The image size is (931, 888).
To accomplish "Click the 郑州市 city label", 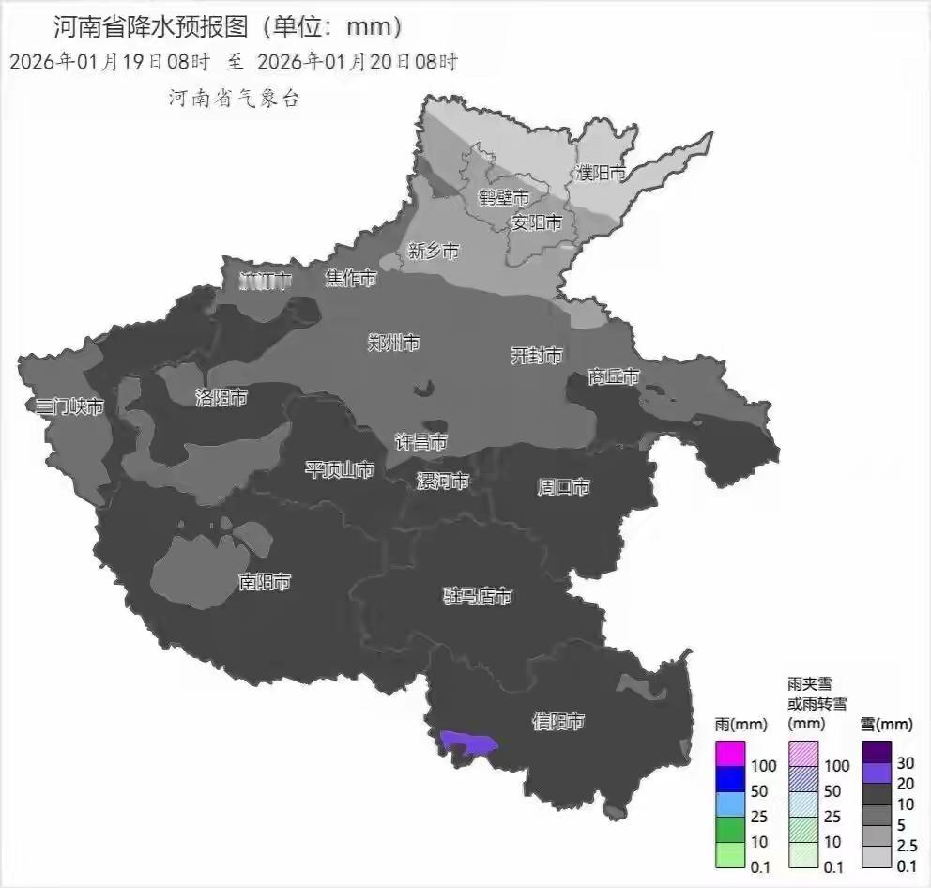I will (x=393, y=343).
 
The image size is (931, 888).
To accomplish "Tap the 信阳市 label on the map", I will (x=558, y=721).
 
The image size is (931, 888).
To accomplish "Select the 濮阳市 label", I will (x=601, y=173).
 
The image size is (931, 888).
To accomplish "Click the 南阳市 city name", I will (x=265, y=582).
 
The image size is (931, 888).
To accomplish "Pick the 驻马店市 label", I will (x=478, y=596).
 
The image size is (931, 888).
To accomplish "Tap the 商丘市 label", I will (x=614, y=376).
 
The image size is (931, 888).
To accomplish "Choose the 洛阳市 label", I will (x=221, y=397).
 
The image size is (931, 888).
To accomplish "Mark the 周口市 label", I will (x=563, y=487).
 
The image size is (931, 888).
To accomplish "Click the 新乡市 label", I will (x=434, y=251).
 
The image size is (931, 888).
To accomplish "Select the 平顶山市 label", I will (x=340, y=469).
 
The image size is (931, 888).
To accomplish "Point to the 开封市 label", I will (x=536, y=355).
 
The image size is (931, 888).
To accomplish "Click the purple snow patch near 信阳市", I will (x=466, y=744).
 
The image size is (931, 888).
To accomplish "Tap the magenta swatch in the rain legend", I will (x=730, y=753).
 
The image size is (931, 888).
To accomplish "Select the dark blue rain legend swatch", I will (x=730, y=778).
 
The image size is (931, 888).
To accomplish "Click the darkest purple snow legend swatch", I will (x=876, y=753).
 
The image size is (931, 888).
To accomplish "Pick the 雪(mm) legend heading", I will (x=886, y=724).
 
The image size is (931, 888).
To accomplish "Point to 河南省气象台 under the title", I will (x=234, y=98).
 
